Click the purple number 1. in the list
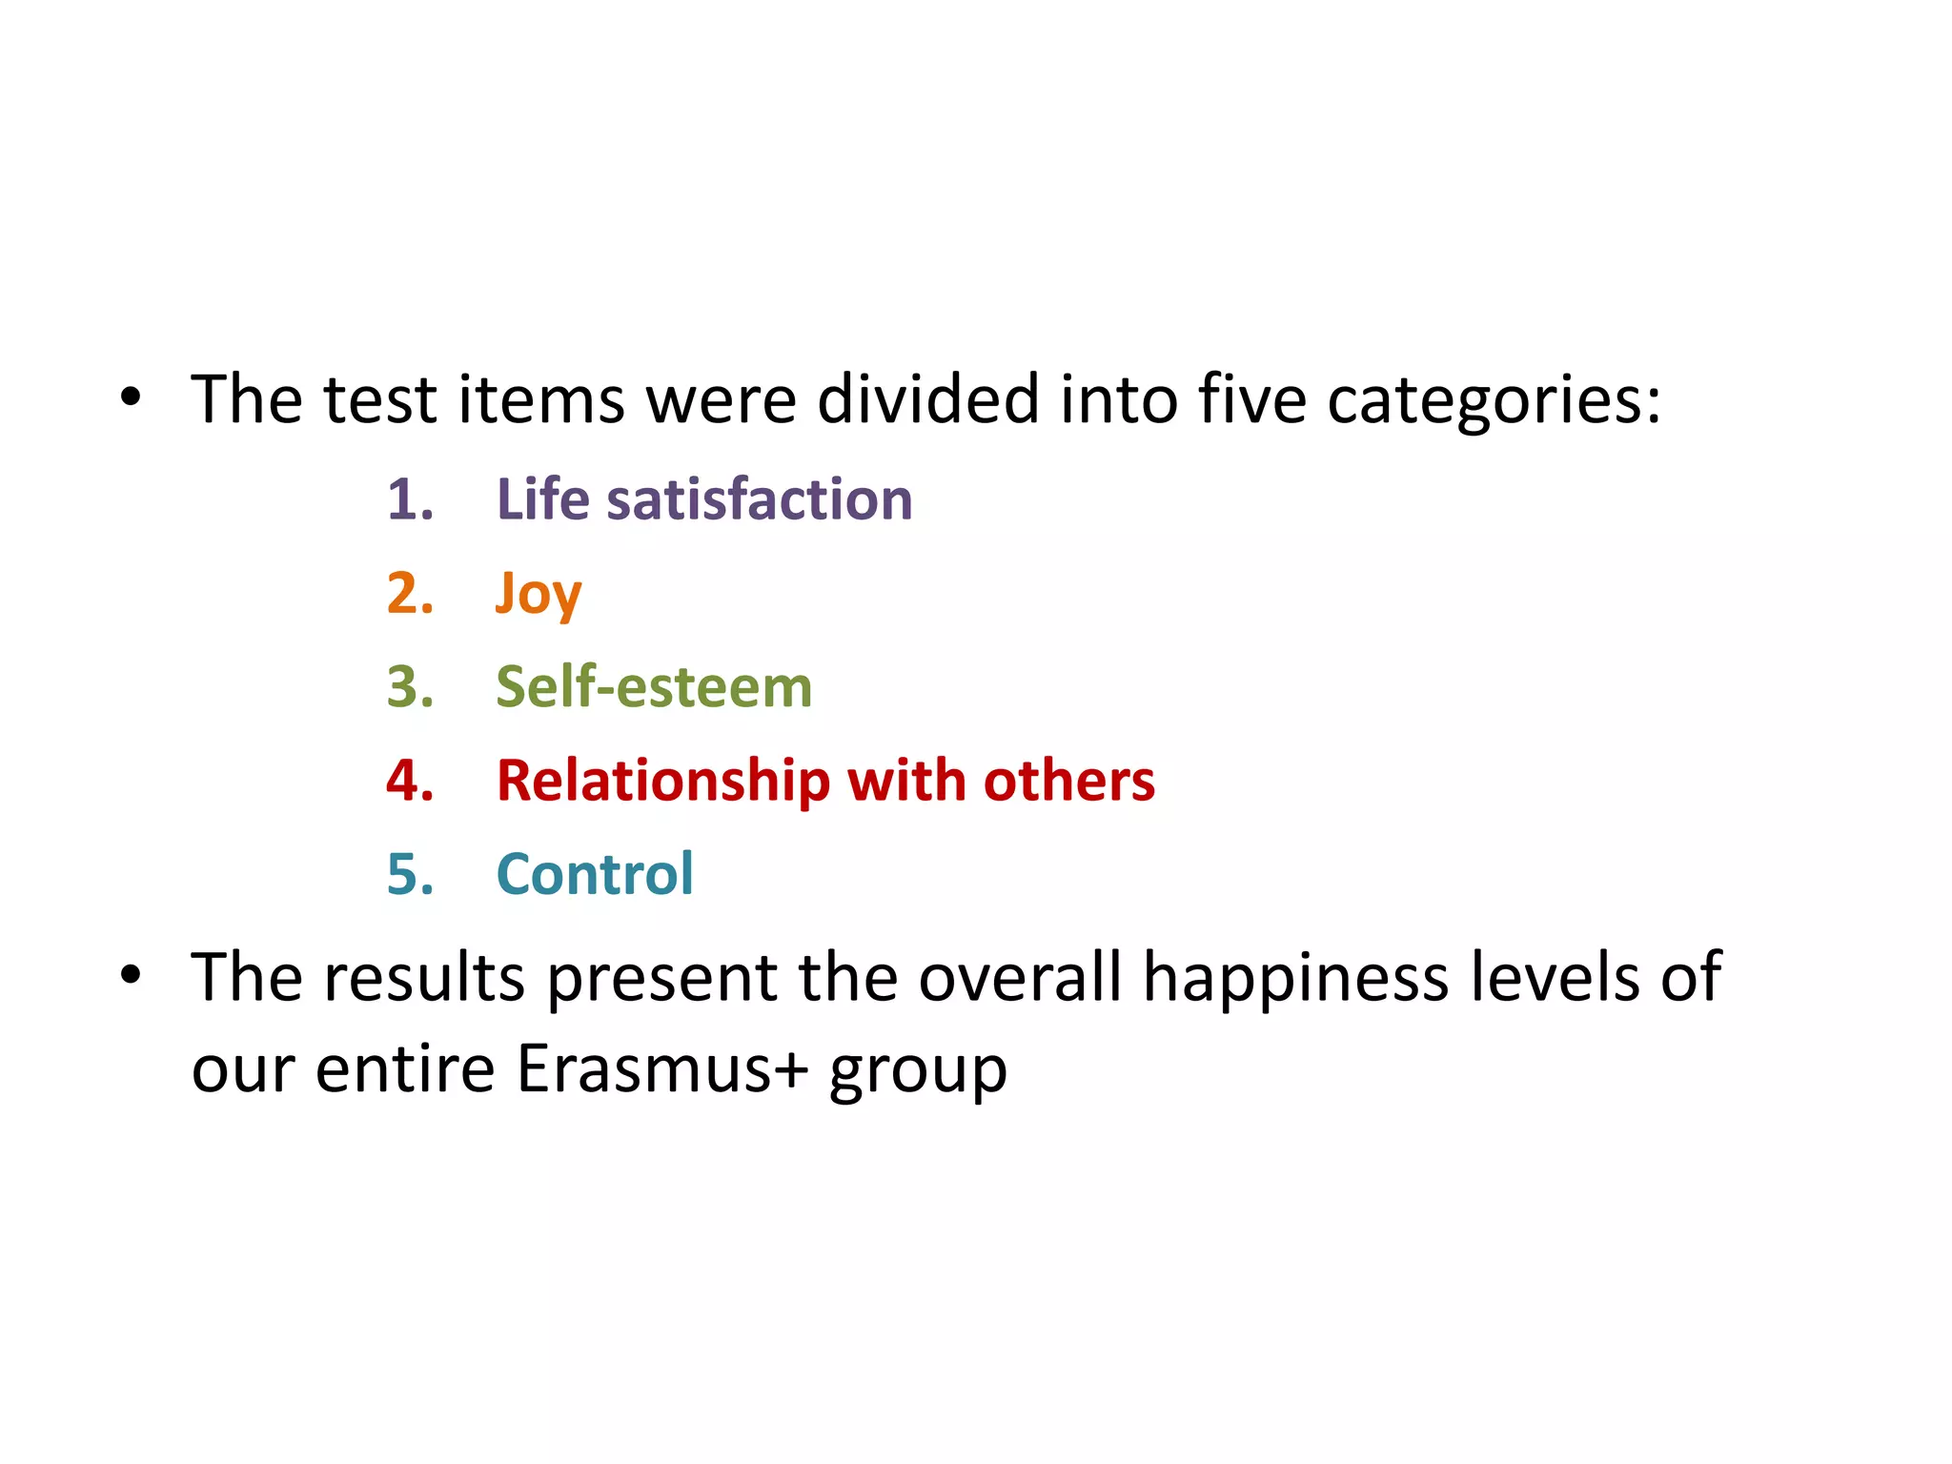(410, 499)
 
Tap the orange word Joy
(539, 595)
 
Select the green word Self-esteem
(654, 687)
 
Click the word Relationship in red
(663, 782)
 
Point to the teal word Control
(595, 874)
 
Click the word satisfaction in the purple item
(760, 499)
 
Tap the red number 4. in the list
(410, 782)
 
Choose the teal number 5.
(410, 874)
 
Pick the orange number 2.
(410, 594)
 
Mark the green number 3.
(410, 687)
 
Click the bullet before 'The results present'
(131, 975)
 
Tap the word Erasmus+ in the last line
(662, 1068)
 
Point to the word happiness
(1295, 978)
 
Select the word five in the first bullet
(1252, 398)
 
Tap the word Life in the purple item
(542, 499)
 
